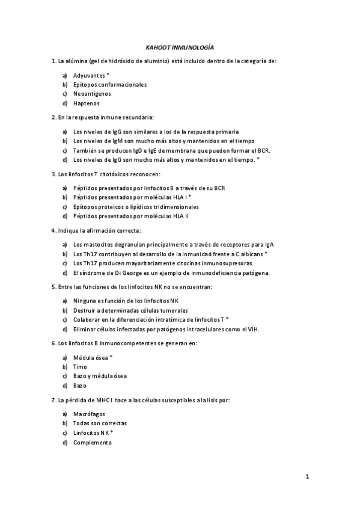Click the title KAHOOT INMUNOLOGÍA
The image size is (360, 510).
[x=180, y=46]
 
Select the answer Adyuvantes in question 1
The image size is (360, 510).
[x=89, y=75]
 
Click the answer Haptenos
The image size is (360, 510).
[x=87, y=103]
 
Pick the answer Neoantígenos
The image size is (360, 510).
[x=92, y=94]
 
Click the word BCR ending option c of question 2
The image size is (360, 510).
[x=263, y=150]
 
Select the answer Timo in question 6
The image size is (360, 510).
[x=80, y=367]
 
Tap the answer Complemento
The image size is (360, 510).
[x=93, y=442]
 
